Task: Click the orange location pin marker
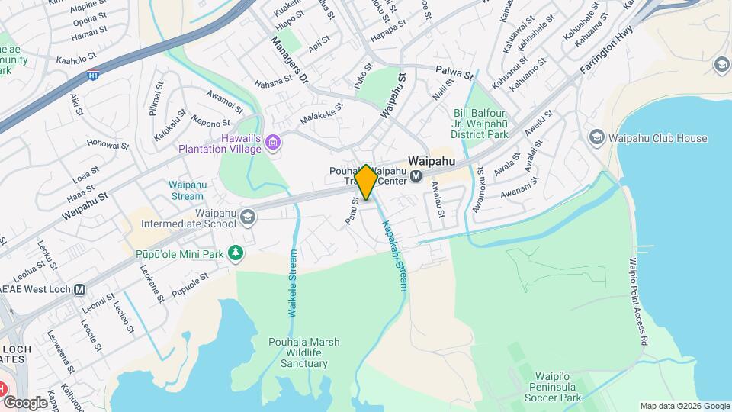366,182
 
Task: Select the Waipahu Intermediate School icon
248,218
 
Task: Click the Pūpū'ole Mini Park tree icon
237,253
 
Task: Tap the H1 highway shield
93,75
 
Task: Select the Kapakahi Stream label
394,255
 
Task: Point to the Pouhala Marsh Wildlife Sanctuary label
298,352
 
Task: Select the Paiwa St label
455,72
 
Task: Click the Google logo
24,402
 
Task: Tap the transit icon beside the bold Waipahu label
416,176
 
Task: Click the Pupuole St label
189,284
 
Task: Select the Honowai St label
108,143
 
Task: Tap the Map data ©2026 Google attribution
684,406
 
